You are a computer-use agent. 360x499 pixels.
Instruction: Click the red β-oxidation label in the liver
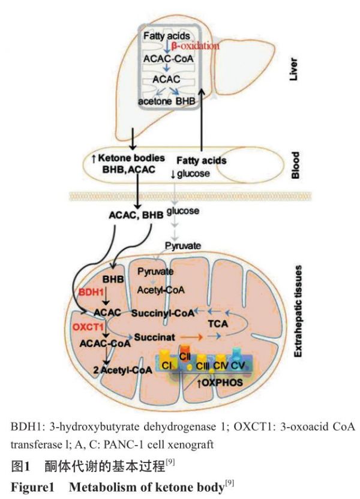click(194, 46)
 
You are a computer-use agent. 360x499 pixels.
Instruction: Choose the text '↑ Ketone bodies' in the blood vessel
click(126, 158)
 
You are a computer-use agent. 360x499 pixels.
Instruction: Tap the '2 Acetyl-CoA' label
click(125, 370)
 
